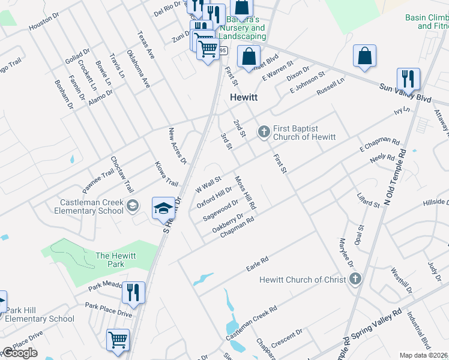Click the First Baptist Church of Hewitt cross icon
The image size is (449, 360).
[264, 131]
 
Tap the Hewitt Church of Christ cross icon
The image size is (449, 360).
[355, 279]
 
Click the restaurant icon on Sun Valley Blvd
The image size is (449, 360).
[408, 79]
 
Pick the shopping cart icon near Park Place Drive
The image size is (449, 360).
[118, 340]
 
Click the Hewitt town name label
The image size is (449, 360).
[244, 98]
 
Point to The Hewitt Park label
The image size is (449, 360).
[116, 260]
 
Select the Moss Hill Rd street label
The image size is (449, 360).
[246, 193]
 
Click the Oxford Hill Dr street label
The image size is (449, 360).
[214, 196]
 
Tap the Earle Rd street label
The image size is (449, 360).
[256, 263]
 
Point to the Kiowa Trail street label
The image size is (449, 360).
[167, 173]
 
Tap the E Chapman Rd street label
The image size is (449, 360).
[379, 145]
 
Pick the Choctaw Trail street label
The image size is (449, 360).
[122, 175]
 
